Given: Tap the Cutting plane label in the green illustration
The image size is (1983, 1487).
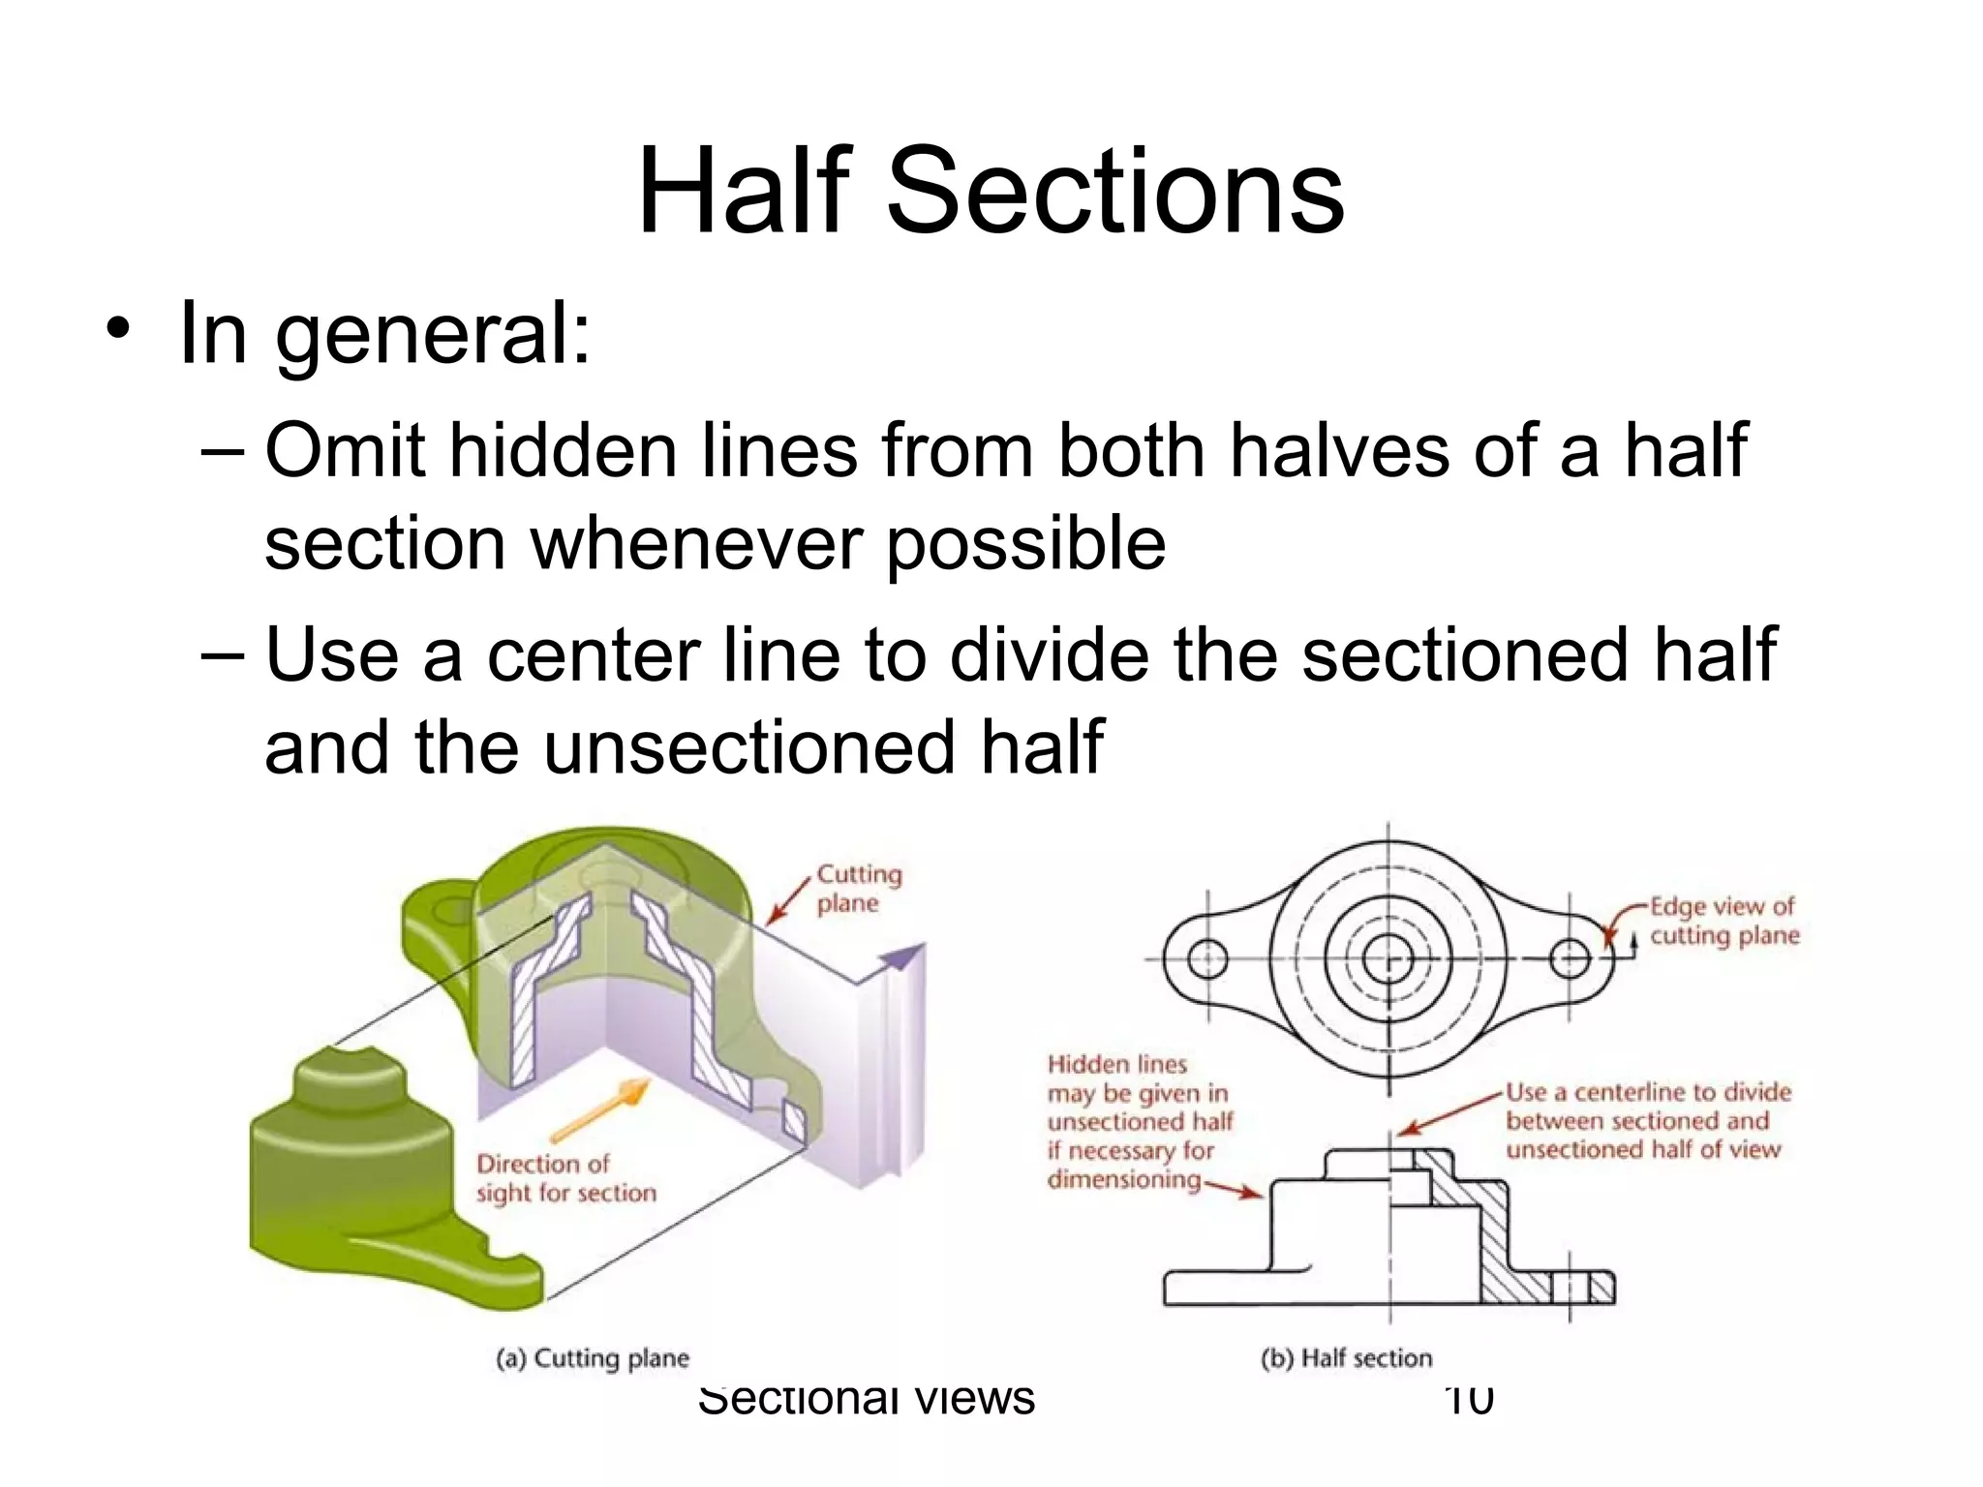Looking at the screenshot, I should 858,888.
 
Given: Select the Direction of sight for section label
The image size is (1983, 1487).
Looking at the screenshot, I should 565,1178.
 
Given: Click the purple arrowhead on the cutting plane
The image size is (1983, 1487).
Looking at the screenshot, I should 900,957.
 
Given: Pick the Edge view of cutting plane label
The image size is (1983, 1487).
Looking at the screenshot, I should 1724,921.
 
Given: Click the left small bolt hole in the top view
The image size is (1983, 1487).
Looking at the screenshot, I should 1207,959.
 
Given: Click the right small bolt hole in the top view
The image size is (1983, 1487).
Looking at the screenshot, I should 1569,959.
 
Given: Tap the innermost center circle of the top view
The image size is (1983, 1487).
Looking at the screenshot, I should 1388,959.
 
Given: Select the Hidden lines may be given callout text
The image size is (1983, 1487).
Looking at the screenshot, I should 1139,1121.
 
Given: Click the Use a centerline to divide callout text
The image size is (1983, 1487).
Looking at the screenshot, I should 1647,1120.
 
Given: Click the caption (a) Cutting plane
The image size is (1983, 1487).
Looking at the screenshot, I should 592,1358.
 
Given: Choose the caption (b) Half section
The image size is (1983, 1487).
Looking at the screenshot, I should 1346,1358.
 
